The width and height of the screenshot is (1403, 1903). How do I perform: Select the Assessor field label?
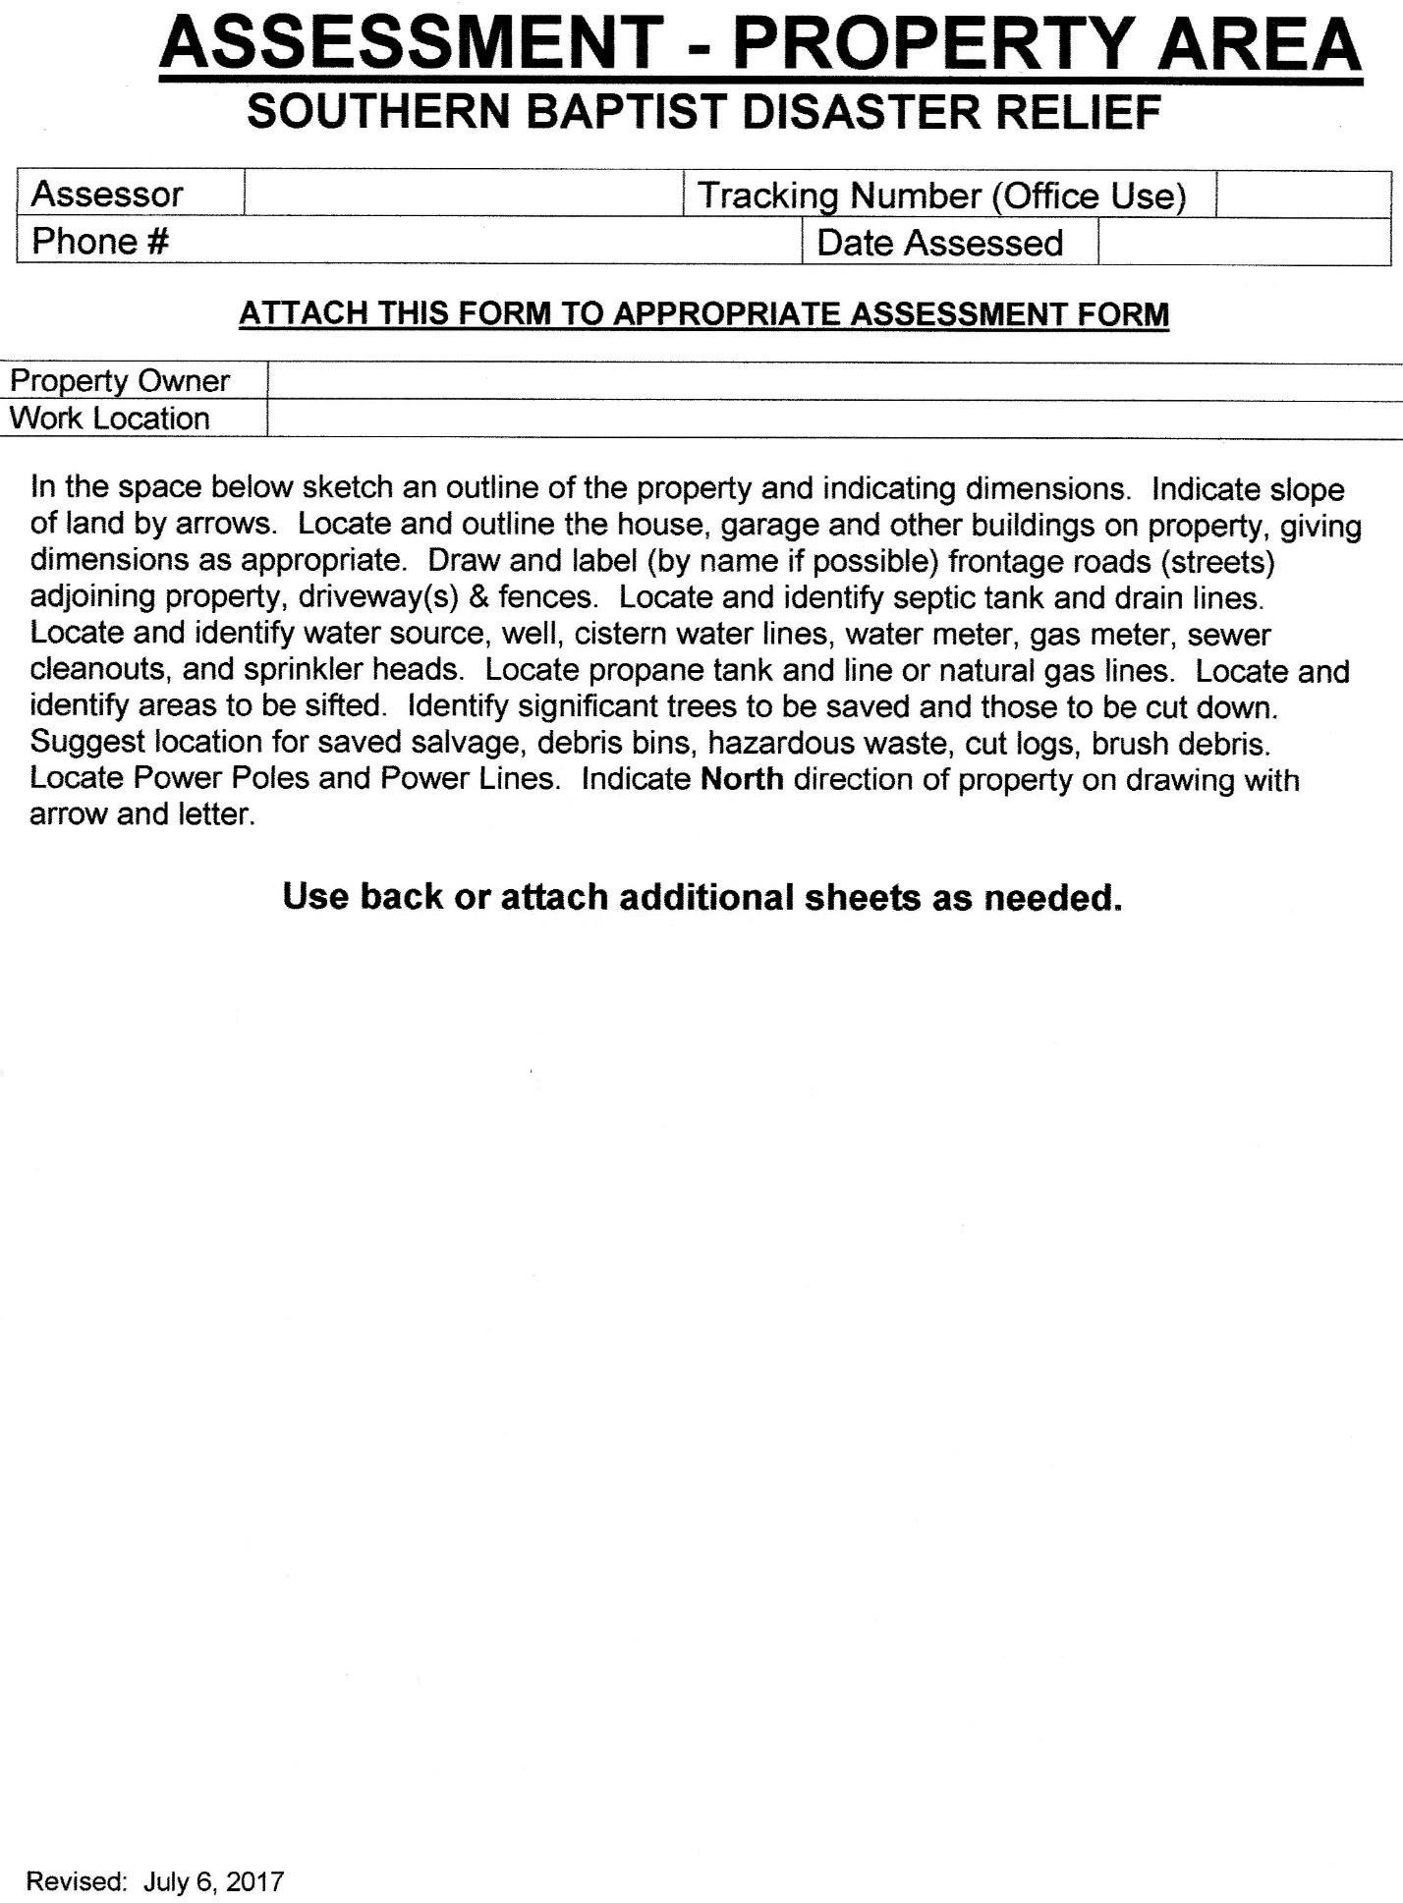[107, 195]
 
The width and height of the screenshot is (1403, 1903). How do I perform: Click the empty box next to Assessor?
[463, 194]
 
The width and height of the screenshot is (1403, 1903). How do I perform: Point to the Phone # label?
[100, 241]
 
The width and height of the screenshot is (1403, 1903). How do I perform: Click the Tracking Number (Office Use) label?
[941, 196]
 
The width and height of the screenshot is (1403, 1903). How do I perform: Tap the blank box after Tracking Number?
[1303, 195]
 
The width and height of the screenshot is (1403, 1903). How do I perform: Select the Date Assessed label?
[939, 243]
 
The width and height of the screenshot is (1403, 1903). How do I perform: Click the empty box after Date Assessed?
[1243, 243]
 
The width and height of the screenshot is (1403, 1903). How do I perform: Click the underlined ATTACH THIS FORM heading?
[703, 314]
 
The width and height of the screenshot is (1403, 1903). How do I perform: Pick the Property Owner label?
[119, 380]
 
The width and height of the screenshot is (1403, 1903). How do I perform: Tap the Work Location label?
[109, 418]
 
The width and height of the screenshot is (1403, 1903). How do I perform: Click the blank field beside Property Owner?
[835, 380]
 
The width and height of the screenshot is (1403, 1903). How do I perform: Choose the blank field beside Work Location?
[835, 418]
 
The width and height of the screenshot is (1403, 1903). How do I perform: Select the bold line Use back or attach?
[701, 897]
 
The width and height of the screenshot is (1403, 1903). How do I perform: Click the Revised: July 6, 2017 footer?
[154, 1881]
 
